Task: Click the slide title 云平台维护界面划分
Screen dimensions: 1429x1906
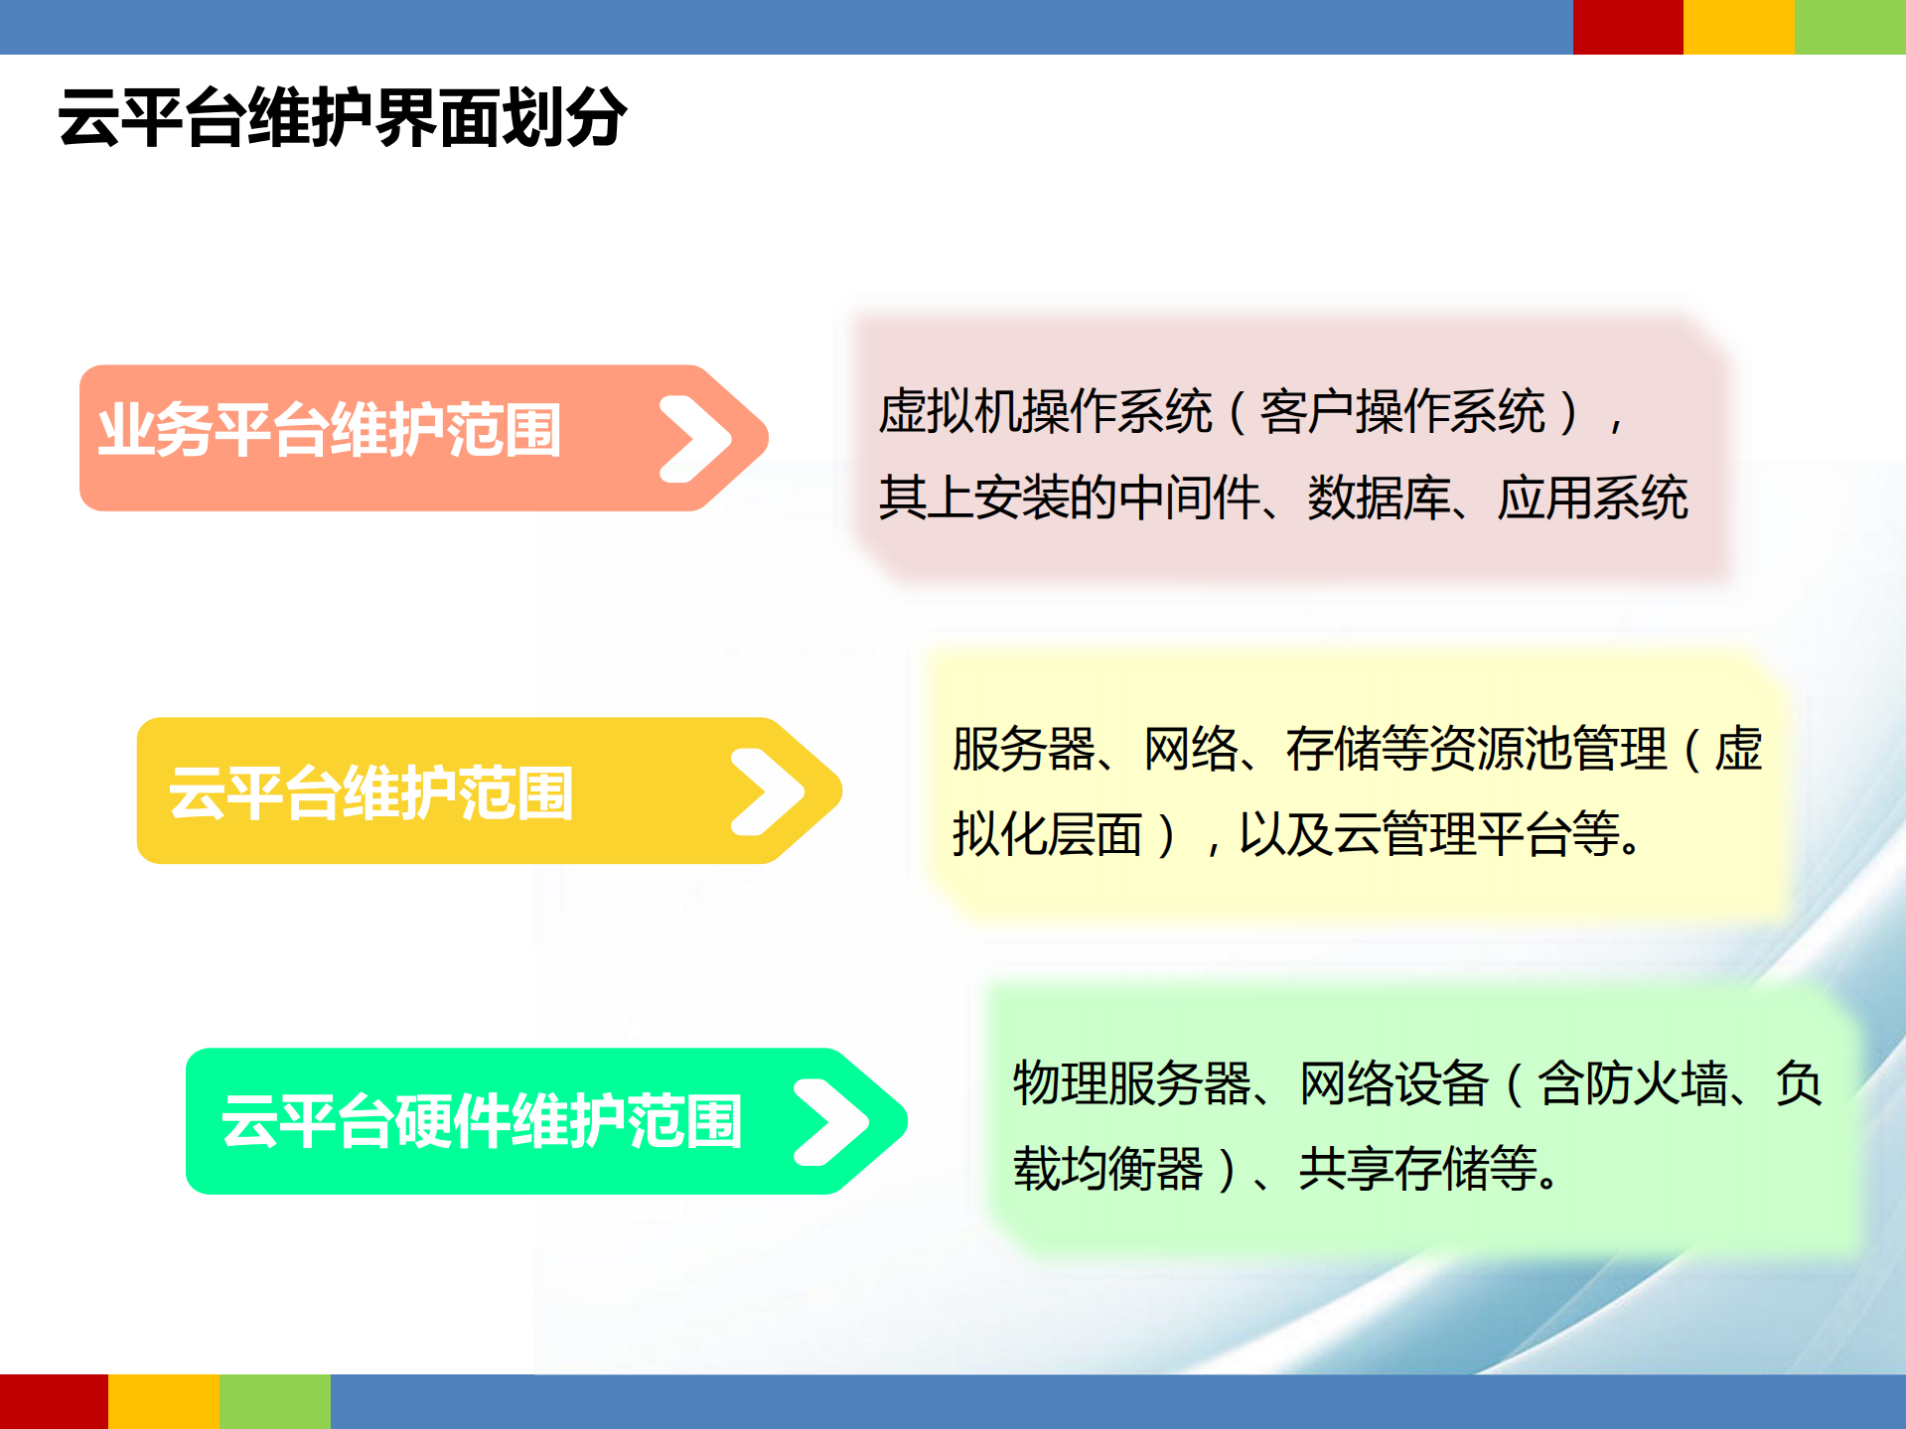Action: point(342,118)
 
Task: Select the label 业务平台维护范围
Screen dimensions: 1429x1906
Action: point(330,430)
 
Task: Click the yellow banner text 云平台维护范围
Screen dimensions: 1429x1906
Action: point(370,792)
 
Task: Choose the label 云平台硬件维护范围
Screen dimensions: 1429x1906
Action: point(482,1121)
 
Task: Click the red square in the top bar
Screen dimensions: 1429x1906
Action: point(1627,27)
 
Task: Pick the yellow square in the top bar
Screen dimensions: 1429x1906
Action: point(1738,27)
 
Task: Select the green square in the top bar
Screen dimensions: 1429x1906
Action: point(1849,27)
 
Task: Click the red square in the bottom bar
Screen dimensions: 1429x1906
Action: point(54,1401)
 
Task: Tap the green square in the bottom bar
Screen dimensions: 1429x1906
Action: point(275,1401)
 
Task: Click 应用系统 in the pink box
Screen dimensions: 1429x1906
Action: point(1592,498)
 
